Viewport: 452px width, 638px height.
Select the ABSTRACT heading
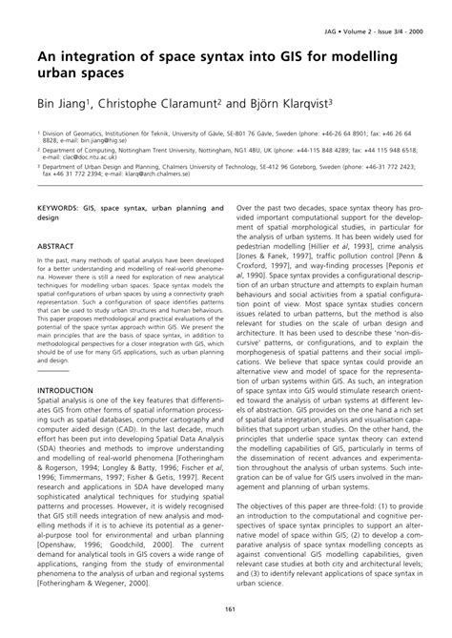[55, 246]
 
